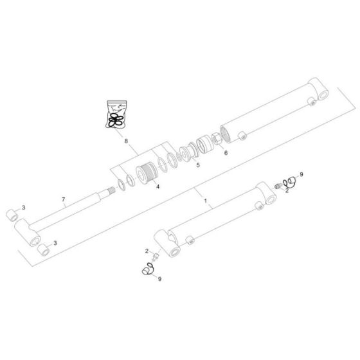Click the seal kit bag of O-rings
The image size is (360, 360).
click(x=116, y=114)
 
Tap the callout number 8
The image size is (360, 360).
click(x=126, y=139)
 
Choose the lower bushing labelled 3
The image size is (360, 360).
click(x=43, y=248)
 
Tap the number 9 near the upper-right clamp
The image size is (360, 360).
click(x=301, y=175)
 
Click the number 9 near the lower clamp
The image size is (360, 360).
click(x=159, y=278)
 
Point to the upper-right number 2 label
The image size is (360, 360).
click(x=287, y=190)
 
